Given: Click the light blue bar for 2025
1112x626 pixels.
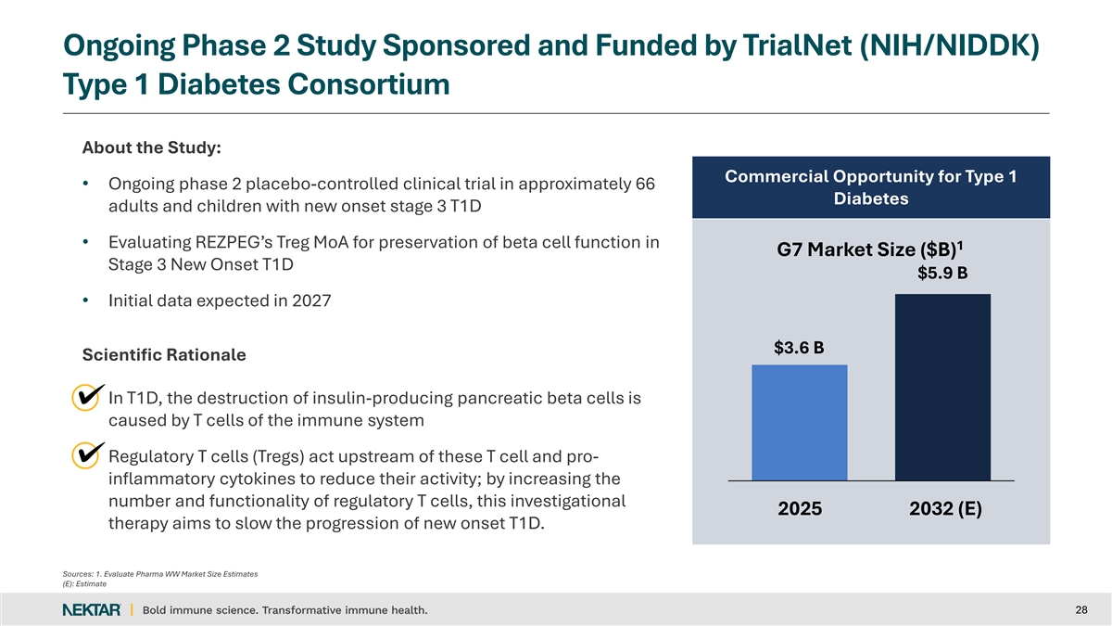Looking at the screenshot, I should [x=799, y=422].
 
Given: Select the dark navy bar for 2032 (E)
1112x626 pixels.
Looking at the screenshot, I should [x=942, y=387].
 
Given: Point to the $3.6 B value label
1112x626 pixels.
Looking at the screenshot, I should [x=799, y=348].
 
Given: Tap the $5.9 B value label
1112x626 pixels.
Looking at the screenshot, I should [x=942, y=274].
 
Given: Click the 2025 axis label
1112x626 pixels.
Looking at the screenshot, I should [x=799, y=510].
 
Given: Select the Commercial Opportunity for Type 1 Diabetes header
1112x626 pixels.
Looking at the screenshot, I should [x=870, y=188].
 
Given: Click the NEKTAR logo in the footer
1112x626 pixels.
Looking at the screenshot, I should [x=91, y=609].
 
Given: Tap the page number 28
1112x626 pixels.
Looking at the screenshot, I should [x=1080, y=609].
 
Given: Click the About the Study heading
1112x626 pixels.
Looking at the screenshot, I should [x=151, y=147].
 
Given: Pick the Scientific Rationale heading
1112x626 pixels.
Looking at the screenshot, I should [x=164, y=355].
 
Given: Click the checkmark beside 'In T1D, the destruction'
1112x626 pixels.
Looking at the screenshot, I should [x=87, y=397].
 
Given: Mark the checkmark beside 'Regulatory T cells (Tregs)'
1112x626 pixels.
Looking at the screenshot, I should [x=87, y=454].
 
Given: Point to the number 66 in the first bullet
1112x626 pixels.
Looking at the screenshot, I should [x=645, y=183].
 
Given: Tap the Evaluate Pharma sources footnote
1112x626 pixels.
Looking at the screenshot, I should [x=159, y=574].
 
